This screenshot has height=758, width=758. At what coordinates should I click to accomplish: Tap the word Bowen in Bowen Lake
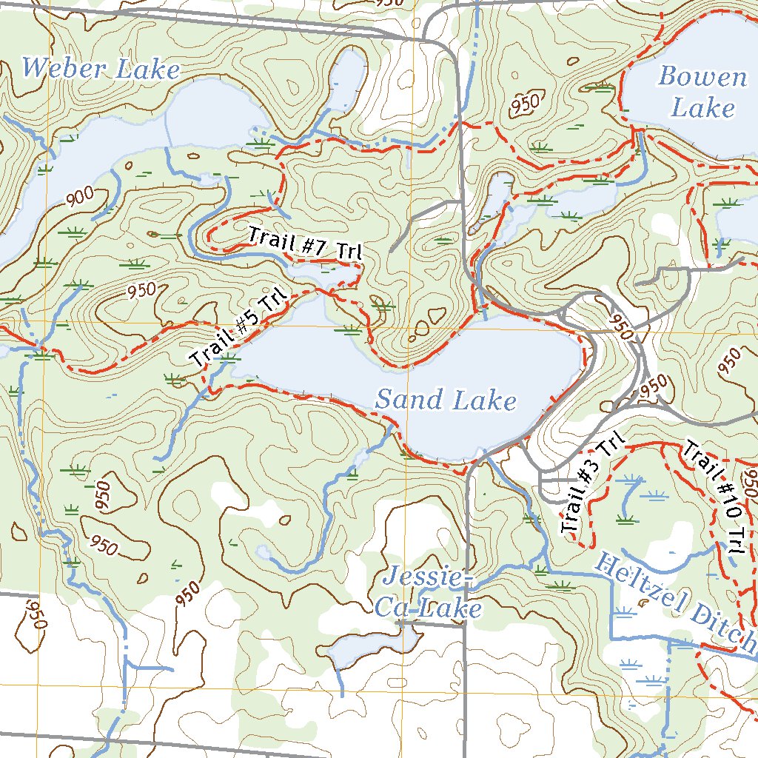tap(702, 77)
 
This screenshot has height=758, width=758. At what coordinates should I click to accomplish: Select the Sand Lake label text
tap(446, 400)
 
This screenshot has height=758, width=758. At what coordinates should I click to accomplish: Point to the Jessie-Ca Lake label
tap(428, 594)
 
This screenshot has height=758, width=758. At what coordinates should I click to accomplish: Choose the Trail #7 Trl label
tap(304, 244)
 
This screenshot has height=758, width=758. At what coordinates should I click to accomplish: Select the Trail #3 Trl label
tap(591, 486)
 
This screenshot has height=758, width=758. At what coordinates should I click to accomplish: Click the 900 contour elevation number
tap(79, 197)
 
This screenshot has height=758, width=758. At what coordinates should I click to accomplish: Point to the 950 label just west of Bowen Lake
tap(525, 106)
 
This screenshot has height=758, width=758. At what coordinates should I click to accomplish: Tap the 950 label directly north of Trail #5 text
tap(141, 290)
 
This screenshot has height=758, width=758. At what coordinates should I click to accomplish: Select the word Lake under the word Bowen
tap(702, 109)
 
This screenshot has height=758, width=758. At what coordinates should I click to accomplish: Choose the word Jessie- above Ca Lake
tap(428, 578)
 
